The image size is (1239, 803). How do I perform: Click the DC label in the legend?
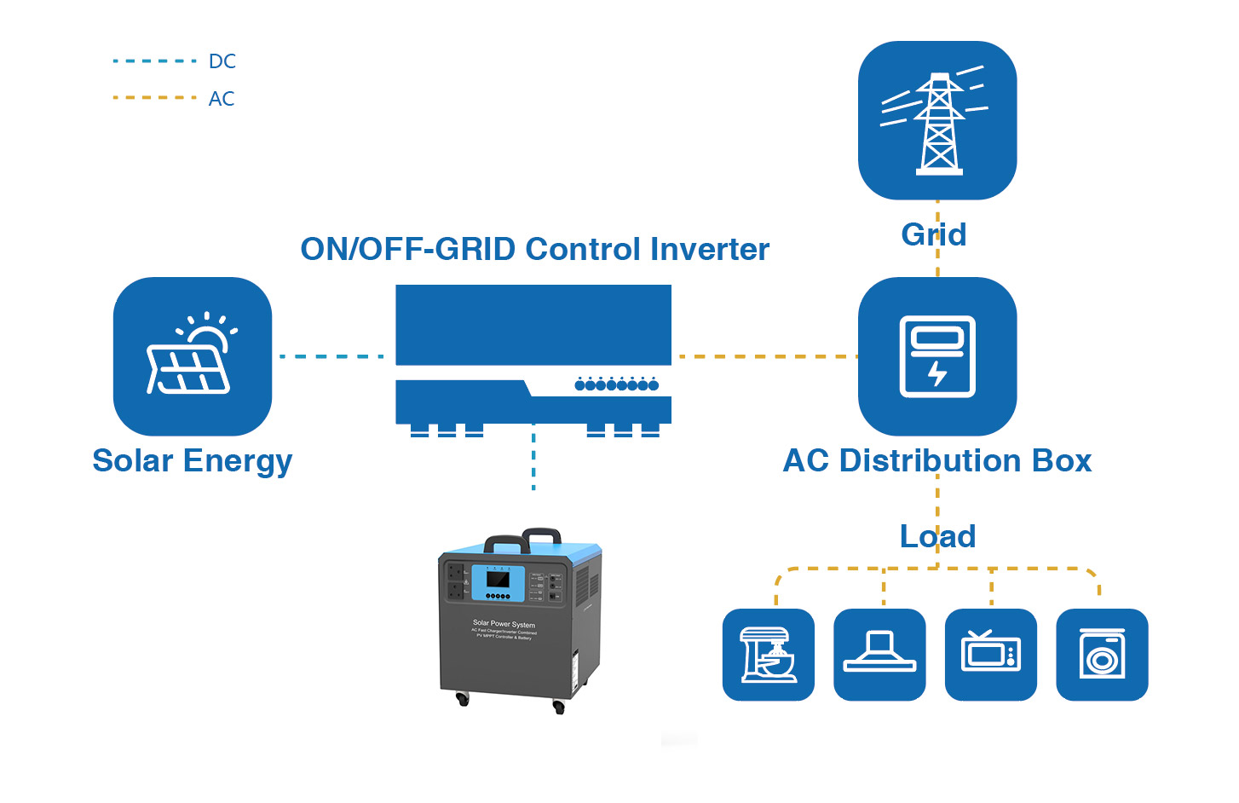tap(222, 61)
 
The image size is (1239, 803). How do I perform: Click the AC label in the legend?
tap(222, 99)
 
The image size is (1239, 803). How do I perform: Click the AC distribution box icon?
tap(937, 356)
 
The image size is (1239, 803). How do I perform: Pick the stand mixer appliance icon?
tap(769, 655)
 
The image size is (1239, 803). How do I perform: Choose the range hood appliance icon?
tap(879, 655)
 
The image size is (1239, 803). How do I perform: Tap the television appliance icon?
tap(991, 655)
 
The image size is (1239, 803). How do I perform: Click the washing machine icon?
tap(1102, 655)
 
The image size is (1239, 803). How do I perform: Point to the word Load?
tap(937, 536)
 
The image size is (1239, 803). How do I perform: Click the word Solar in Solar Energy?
tap(133, 461)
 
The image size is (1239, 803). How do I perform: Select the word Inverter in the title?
tap(709, 250)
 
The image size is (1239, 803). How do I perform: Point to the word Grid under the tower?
tap(934, 234)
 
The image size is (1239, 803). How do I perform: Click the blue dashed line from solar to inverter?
tap(332, 356)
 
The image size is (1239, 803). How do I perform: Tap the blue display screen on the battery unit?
tap(498, 581)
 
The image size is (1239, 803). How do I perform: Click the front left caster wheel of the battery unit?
tap(463, 699)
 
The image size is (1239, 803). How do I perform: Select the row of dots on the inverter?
tap(617, 384)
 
